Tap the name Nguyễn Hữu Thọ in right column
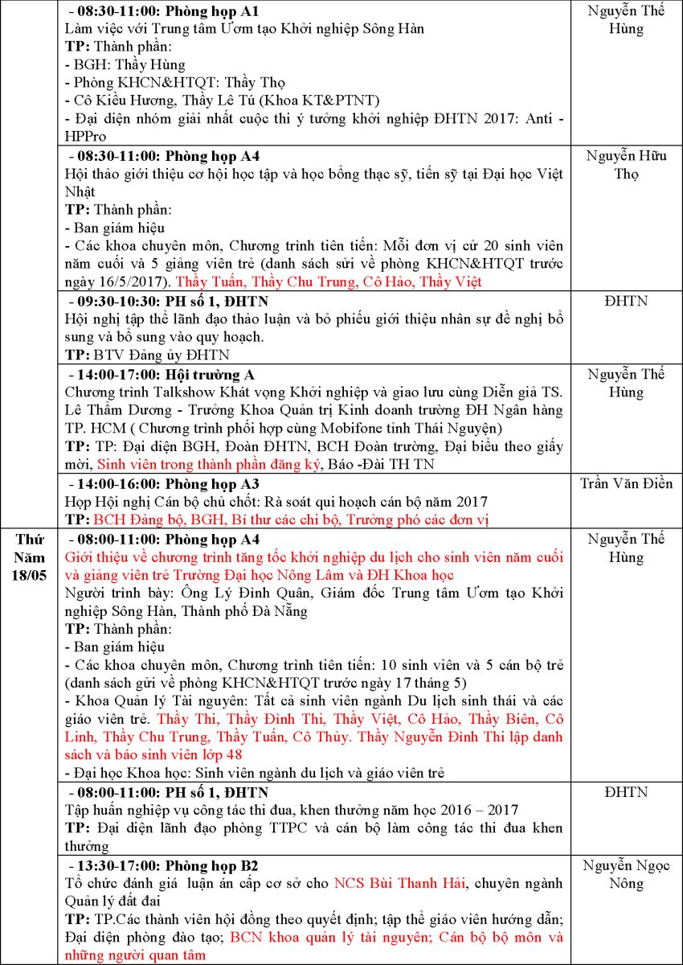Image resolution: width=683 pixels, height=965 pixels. [x=626, y=164]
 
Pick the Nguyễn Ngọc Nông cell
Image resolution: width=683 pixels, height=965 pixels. [x=626, y=874]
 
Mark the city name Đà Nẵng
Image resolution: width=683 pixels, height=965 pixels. [x=310, y=610]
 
